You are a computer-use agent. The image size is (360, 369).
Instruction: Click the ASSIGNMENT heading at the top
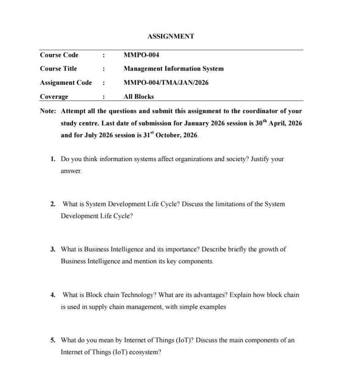point(171,36)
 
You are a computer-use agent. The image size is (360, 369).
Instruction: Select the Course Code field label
point(59,55)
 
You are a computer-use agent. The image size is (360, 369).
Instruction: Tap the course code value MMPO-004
point(142,55)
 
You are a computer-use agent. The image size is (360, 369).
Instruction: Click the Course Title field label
point(58,69)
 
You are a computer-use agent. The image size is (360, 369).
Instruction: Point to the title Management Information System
point(174,69)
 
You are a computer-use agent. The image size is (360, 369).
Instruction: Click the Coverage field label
point(54,97)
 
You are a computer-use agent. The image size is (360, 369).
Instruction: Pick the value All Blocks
point(139,97)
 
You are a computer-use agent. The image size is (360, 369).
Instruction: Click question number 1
point(53,159)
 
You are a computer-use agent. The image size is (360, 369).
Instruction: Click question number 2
point(53,204)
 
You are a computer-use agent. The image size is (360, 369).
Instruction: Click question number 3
point(53,250)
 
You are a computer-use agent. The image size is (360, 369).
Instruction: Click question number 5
point(53,340)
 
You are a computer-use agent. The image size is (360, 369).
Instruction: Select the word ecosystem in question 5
point(143,353)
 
